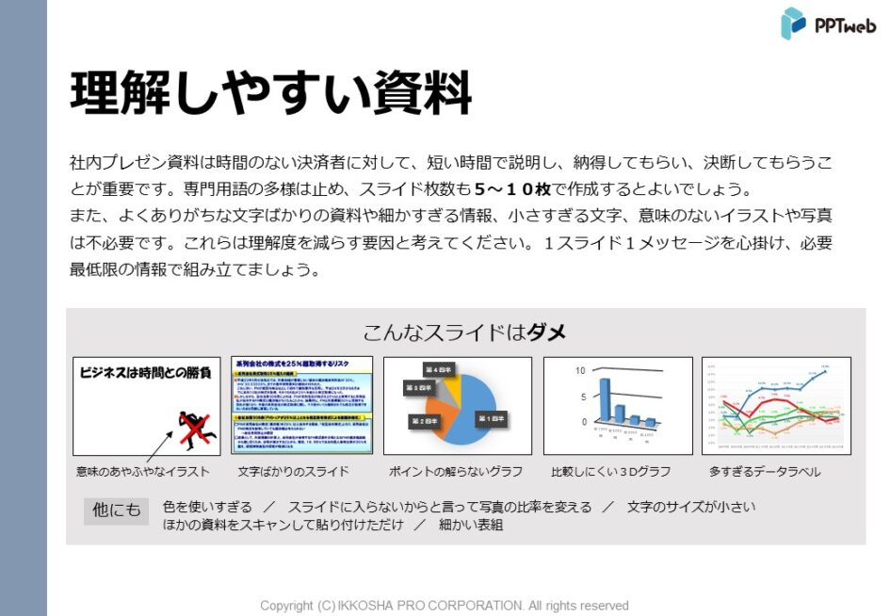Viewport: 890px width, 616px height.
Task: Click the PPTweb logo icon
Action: (x=793, y=24)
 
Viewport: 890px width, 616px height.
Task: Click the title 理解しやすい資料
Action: (x=270, y=91)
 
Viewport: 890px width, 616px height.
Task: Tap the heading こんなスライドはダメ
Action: (x=464, y=332)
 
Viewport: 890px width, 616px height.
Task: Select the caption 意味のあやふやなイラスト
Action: (x=143, y=471)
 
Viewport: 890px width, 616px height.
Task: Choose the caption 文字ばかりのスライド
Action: (x=293, y=471)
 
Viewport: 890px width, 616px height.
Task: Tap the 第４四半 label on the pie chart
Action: (x=438, y=368)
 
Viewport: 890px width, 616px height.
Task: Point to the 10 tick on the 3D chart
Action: (x=581, y=371)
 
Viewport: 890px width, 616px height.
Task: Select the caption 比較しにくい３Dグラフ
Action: (x=610, y=471)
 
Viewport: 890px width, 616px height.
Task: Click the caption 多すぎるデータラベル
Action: (x=764, y=471)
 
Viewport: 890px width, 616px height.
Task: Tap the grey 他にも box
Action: (x=116, y=510)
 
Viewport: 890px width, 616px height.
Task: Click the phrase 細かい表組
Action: (x=471, y=525)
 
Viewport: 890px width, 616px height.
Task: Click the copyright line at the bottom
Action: (x=445, y=606)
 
